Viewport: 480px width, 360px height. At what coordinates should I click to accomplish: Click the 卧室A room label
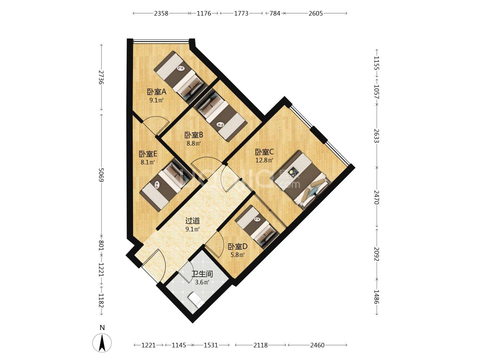pos(157,92)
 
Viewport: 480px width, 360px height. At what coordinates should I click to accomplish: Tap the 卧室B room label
pos(194,135)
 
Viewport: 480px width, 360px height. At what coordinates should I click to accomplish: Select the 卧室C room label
pos(264,152)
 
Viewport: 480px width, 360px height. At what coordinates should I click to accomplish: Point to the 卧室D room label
pos(237,247)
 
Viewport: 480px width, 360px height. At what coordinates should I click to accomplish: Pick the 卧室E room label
pos(148,154)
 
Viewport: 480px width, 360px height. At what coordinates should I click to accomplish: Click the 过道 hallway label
pos(192,221)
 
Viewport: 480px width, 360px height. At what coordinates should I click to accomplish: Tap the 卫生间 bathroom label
pos(202,274)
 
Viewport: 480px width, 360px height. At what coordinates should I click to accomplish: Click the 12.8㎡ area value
pos(264,160)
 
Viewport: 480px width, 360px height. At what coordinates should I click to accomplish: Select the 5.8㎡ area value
pos(237,255)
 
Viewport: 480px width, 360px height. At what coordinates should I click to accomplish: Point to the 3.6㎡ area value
pos(202,282)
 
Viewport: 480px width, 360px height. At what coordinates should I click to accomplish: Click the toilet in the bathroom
pos(196,300)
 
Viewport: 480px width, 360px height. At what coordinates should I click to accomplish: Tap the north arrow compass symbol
pos(102,343)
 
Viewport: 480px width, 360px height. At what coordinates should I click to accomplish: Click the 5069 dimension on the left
pos(101,175)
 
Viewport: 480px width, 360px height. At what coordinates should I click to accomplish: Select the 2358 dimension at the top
pos(161,14)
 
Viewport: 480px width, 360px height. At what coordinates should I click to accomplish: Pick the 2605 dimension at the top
pos(316,14)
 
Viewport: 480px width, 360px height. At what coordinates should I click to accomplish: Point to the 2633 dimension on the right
pos(377,136)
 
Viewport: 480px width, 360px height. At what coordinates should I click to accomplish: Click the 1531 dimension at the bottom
pos(211,345)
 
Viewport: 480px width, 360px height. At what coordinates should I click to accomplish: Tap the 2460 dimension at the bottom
pos(317,345)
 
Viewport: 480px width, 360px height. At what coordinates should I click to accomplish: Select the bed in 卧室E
pos(167,185)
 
